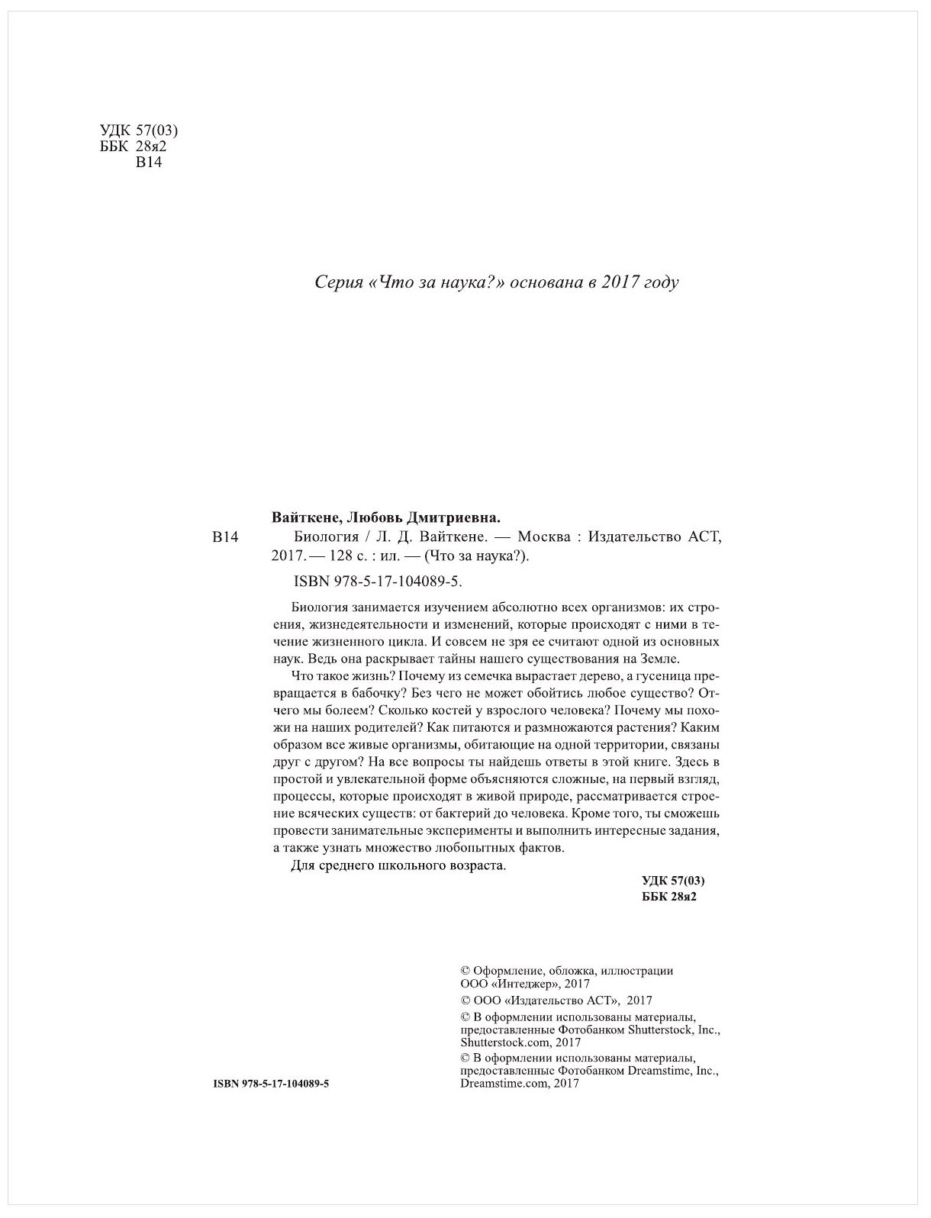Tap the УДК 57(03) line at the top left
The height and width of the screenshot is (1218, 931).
click(x=134, y=130)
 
